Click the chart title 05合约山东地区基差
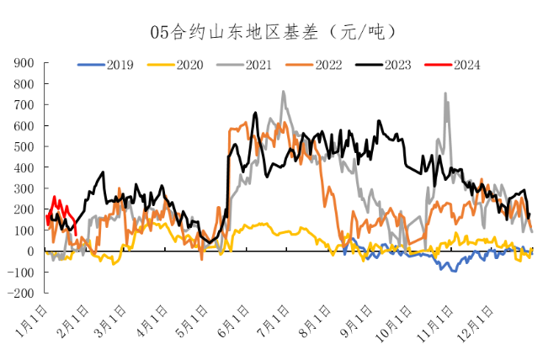tap(272, 32)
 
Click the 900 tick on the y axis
tap(23, 63)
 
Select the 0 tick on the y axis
tap(30, 251)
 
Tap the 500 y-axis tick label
tap(23, 146)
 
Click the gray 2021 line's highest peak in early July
tap(283, 92)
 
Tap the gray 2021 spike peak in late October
tap(445, 93)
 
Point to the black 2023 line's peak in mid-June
tap(255, 113)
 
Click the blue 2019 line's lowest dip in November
tap(455, 271)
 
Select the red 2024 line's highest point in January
tap(55, 198)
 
